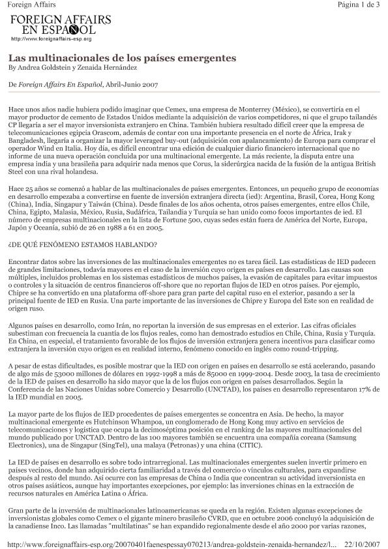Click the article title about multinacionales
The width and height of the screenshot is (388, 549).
point(122,58)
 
